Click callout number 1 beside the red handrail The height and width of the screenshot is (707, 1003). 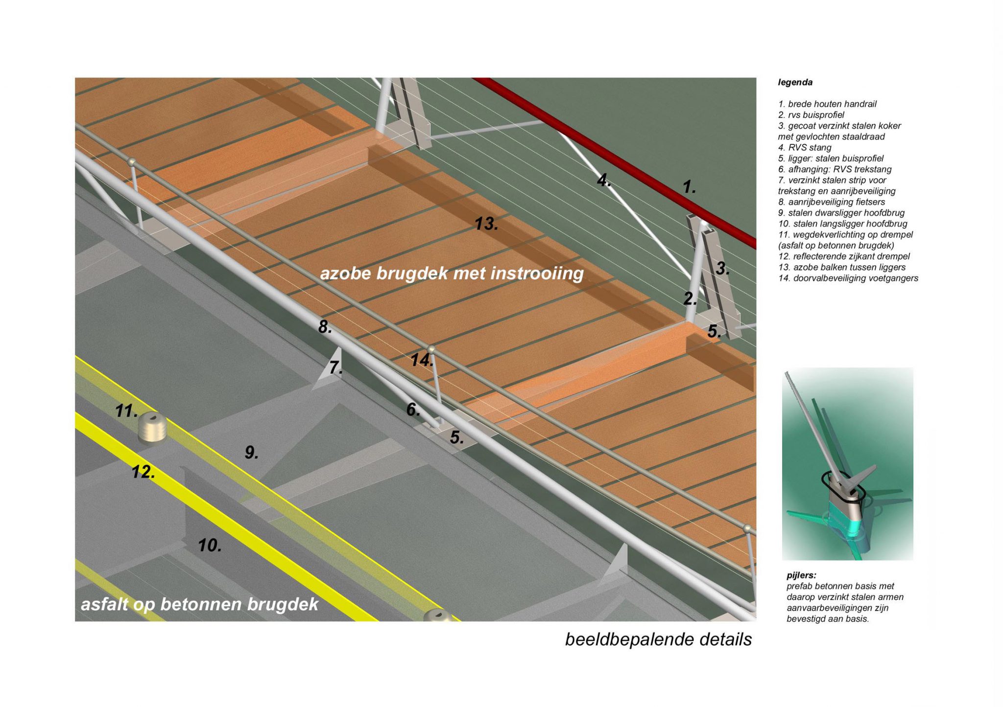tap(689, 187)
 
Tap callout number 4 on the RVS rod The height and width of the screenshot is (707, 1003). tap(604, 181)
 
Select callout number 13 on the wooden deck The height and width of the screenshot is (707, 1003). tap(486, 224)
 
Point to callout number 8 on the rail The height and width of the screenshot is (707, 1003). tap(325, 327)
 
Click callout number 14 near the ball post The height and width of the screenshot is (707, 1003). tap(421, 361)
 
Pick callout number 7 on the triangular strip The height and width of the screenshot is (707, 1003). tap(335, 367)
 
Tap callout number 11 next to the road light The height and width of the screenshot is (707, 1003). tap(126, 411)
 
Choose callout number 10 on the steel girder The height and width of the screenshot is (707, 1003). tap(210, 545)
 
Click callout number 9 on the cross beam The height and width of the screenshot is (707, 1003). tap(251, 453)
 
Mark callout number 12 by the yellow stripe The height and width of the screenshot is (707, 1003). tap(143, 472)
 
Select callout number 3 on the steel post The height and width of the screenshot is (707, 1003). tap(722, 269)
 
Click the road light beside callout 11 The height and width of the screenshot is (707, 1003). tap(152, 427)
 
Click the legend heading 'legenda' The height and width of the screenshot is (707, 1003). tap(795, 83)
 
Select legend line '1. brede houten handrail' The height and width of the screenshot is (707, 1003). tap(827, 104)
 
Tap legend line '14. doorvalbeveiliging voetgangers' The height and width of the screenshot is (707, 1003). tap(848, 278)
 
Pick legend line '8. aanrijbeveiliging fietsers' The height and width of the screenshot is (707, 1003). tap(831, 202)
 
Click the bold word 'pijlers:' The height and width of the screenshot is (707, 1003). tap(801, 575)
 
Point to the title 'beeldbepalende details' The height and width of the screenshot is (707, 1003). tap(658, 639)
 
